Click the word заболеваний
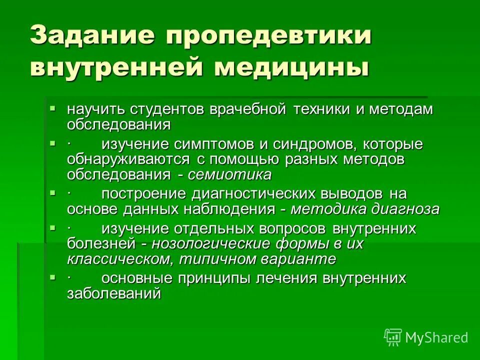pos(114,293)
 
